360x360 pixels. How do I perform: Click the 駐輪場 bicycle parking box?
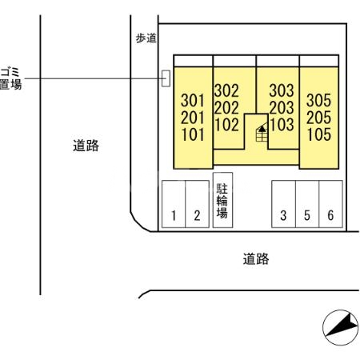click(x=222, y=201)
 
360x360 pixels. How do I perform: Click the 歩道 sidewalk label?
click(x=146, y=38)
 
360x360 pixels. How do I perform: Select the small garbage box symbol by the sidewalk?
click(x=166, y=78)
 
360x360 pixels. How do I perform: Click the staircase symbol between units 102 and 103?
click(x=261, y=133)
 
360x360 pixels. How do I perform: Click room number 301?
click(x=193, y=102)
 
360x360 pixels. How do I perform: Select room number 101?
click(x=193, y=134)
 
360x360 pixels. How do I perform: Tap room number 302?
click(x=226, y=91)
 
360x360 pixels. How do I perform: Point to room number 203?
click(x=282, y=108)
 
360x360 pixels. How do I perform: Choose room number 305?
click(x=318, y=102)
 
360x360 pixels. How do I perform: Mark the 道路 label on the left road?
click(x=86, y=146)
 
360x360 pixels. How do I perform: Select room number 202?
click(x=226, y=108)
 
